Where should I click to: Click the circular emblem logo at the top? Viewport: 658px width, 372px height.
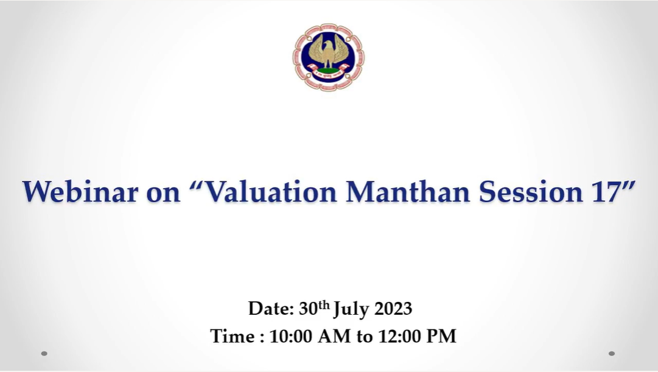click(329, 57)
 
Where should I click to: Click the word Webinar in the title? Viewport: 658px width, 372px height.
click(80, 191)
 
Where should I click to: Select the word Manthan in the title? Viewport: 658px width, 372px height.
click(408, 191)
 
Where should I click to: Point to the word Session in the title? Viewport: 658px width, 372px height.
click(531, 191)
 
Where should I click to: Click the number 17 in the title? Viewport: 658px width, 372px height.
click(606, 191)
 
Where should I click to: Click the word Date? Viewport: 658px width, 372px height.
click(271, 309)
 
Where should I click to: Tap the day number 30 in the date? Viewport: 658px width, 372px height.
click(308, 309)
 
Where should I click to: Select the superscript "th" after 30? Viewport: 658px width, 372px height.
click(324, 304)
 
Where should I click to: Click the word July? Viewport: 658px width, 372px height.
click(351, 309)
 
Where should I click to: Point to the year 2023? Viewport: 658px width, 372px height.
click(393, 309)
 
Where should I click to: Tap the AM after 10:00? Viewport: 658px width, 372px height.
click(334, 336)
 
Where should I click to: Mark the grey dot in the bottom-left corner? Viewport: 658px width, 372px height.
click(44, 354)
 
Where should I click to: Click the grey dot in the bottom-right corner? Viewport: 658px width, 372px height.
click(611, 354)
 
